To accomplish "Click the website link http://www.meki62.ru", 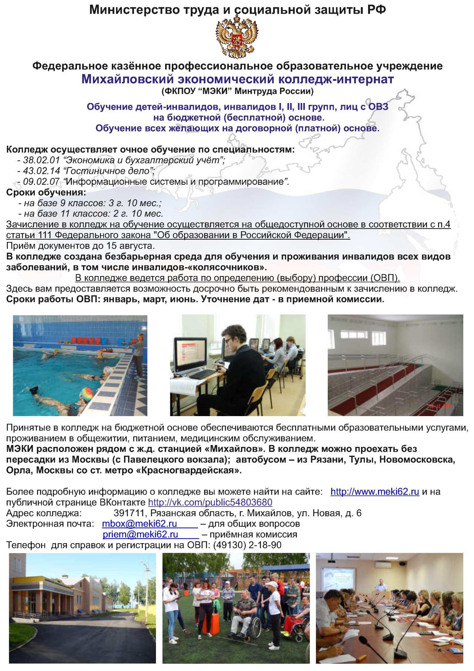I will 374,492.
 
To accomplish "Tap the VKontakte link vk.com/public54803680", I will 210,502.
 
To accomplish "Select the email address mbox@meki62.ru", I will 140,524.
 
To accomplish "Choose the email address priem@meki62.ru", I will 140,535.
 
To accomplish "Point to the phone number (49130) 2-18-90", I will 247,545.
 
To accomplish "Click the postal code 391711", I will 129,513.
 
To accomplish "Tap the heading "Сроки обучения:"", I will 46,193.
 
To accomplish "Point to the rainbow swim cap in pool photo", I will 87,393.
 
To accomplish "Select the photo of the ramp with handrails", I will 395,365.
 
